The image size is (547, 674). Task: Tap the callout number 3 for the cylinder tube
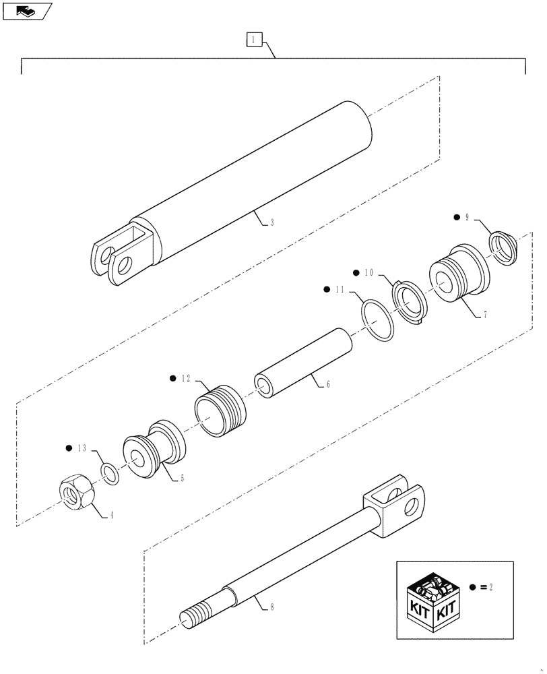[x=271, y=222]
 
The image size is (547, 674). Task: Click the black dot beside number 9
[x=457, y=217]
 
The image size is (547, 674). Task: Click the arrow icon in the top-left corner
[x=28, y=11]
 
